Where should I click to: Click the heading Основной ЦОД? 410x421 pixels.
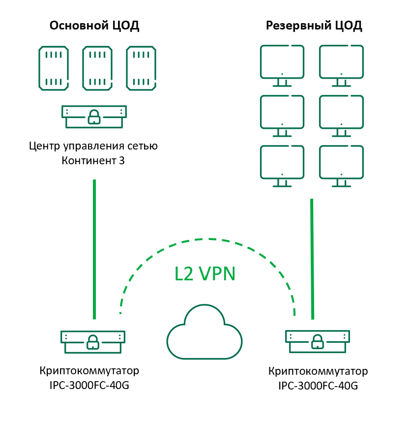pos(94,26)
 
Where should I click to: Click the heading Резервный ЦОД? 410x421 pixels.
pos(314,26)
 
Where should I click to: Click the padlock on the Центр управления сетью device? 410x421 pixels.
pos(93,117)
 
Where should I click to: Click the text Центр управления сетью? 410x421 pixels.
pos(93,146)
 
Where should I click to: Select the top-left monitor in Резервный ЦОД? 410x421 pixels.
pos(282,63)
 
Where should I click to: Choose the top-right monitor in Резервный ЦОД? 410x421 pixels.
pos(341,63)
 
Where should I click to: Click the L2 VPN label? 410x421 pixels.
pos(205,273)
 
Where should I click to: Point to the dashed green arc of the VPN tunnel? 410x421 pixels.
pos(206,240)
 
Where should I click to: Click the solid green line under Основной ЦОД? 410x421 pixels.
pos(94,248)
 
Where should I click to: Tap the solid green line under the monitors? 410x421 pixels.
pos(312,258)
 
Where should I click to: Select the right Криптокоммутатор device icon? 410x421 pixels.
pos(318,340)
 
